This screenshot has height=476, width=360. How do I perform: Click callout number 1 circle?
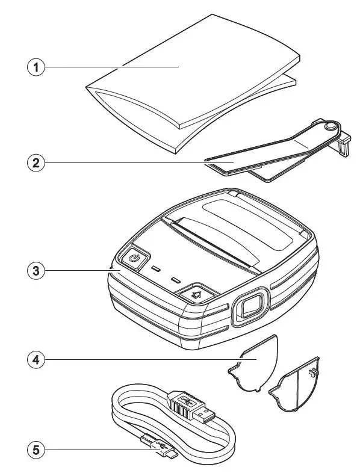37,67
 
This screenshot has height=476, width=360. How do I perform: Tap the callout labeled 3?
37,270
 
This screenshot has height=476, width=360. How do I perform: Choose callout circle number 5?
37,448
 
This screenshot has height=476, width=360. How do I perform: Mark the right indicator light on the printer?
176,280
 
